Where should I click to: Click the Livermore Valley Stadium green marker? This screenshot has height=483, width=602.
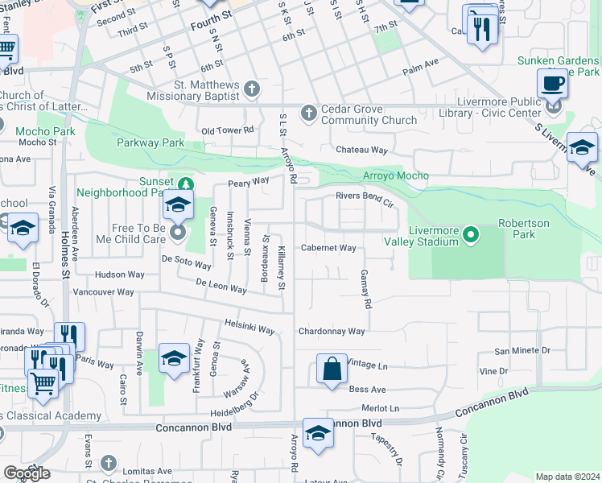click(x=472, y=236)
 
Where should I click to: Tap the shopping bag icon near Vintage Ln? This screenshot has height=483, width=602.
click(x=332, y=369)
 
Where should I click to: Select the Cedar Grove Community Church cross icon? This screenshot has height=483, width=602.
click(x=307, y=112)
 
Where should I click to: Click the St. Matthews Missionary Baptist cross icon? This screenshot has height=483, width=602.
click(x=252, y=89)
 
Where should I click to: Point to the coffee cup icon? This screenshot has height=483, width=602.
click(x=552, y=83)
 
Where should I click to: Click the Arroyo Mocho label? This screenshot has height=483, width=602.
click(x=396, y=175)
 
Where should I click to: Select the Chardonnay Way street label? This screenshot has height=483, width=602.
click(x=332, y=331)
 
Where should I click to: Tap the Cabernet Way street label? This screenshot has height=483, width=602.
click(x=328, y=248)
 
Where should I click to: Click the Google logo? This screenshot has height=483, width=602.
click(x=27, y=473)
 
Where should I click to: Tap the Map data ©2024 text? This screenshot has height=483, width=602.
click(x=567, y=477)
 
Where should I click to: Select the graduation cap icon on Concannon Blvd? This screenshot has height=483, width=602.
click(x=319, y=433)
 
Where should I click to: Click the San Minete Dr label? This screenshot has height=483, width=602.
click(x=522, y=350)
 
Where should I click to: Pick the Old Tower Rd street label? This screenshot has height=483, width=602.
click(x=227, y=130)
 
